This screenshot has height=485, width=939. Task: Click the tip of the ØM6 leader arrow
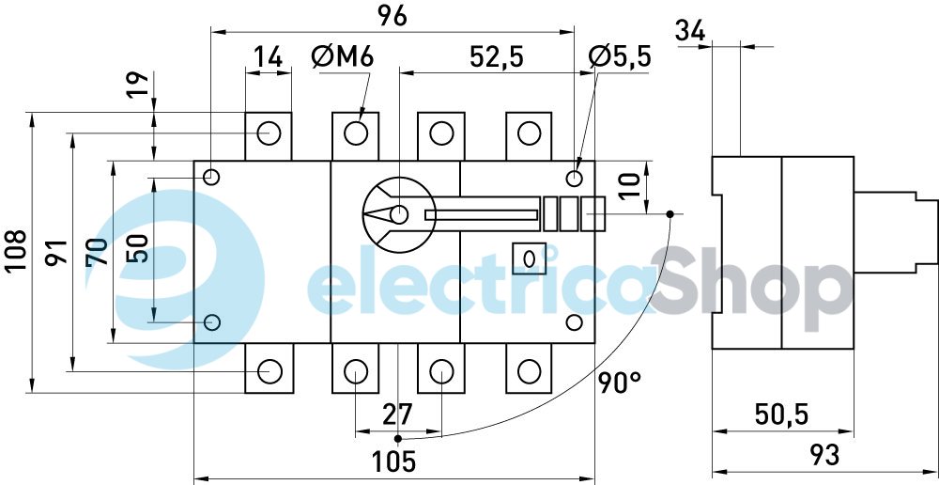(x=360, y=120)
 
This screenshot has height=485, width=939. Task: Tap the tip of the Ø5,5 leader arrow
(x=577, y=172)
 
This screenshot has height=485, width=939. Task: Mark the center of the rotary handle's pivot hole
(x=398, y=214)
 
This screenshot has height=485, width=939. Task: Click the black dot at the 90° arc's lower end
(x=397, y=439)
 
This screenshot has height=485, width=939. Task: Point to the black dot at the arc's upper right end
(x=670, y=214)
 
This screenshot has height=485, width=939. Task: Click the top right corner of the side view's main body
(x=854, y=157)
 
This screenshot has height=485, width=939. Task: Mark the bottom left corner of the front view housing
(x=194, y=343)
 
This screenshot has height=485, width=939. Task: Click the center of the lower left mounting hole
(x=212, y=322)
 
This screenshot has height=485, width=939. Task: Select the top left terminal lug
(x=269, y=136)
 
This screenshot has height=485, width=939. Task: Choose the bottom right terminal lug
(x=529, y=368)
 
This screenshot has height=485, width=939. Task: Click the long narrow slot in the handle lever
(x=481, y=214)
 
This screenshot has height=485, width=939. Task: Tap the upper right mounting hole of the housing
(x=574, y=178)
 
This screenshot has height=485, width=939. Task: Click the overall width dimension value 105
(x=393, y=462)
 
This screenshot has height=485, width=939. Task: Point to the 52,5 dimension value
(x=497, y=57)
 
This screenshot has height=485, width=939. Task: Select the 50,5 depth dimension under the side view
(x=782, y=414)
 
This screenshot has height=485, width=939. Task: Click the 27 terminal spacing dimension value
(x=397, y=413)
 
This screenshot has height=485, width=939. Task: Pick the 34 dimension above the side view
(x=690, y=31)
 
